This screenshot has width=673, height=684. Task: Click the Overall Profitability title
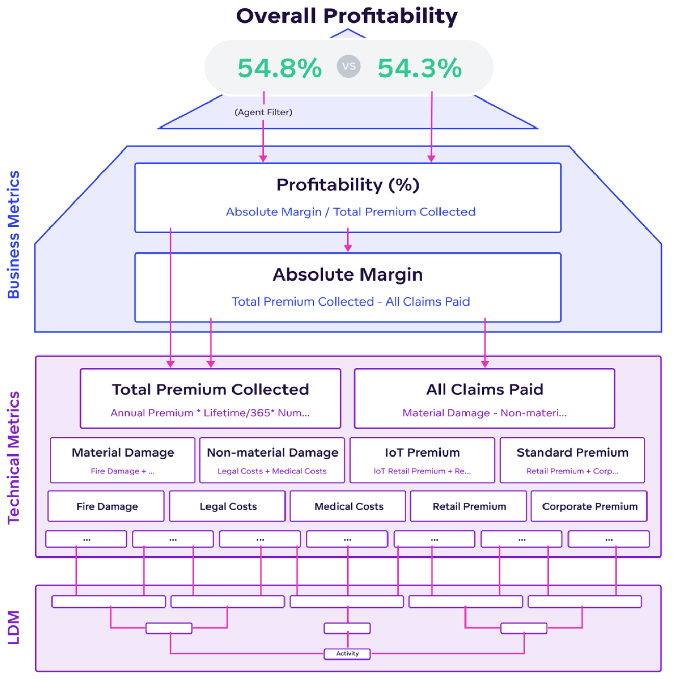coord(347,16)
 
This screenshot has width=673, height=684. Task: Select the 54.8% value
coord(279,68)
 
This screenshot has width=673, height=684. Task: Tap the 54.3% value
coord(420,68)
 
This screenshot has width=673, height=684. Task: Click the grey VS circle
coord(349,66)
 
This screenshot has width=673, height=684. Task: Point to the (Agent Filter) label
coord(263,112)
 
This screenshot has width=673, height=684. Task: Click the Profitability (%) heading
coord(348,185)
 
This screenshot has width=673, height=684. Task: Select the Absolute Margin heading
coord(348,274)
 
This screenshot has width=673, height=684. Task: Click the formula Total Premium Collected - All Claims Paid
coord(350,301)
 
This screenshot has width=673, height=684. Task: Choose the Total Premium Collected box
coord(210,398)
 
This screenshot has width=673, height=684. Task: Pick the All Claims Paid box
coord(484,398)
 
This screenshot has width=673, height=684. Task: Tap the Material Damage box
coord(123,460)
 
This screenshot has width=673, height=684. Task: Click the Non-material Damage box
coord(272,460)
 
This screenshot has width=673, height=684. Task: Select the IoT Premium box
coord(422,460)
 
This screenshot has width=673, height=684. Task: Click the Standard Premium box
coord(572,460)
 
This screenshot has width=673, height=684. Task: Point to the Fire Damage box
coord(107,506)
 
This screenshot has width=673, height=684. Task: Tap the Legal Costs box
coord(228,506)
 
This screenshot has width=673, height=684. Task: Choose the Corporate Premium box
coord(589,506)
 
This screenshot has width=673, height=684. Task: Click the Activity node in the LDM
coord(347,653)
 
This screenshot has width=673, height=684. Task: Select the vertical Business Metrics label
coord(14,235)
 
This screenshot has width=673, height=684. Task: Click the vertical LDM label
coord(14,627)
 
